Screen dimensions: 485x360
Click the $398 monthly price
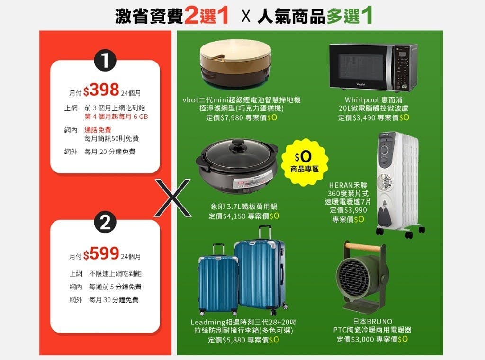(101, 90)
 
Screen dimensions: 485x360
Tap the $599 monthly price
(101, 253)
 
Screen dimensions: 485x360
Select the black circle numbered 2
(105, 222)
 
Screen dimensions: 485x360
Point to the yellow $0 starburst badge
(305, 162)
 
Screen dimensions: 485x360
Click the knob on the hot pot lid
(238, 145)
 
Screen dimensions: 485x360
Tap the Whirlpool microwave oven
(373, 67)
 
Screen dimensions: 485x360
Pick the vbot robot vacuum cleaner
(235, 63)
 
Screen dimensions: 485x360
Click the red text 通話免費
(98, 130)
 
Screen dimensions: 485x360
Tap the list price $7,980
(232, 118)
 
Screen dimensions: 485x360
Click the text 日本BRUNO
(372, 322)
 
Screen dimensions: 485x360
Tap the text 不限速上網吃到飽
(115, 274)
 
